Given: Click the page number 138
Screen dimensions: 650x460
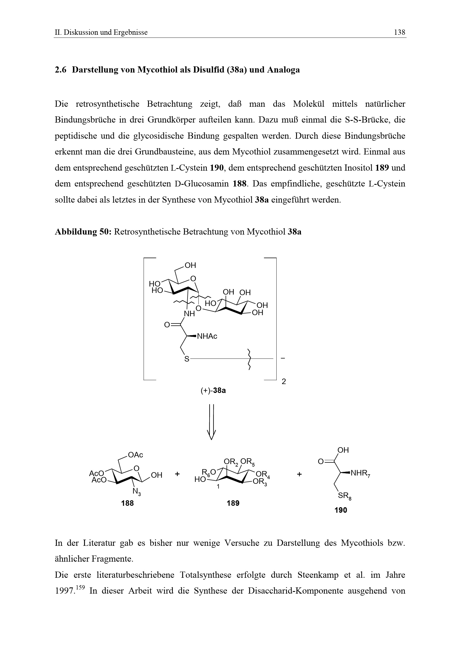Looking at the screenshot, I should [x=400, y=32].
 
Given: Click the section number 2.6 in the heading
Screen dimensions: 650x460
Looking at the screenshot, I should [x=60, y=70].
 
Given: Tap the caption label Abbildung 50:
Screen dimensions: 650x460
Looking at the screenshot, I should [x=83, y=232].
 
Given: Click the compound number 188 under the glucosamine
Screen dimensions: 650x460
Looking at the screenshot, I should [x=127, y=503].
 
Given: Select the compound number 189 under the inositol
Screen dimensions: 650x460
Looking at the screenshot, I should [x=233, y=503].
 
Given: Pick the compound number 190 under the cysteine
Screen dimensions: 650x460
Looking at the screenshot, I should [x=341, y=510].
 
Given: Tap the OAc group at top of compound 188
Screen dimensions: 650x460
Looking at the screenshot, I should [x=136, y=455].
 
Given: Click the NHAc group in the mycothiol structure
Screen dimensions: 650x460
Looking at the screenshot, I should [x=207, y=336].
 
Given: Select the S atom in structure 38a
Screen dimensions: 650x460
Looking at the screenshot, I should [x=187, y=359].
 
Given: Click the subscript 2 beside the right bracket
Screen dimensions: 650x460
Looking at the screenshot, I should [x=284, y=381].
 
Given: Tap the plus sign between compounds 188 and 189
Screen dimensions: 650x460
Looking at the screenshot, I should [x=178, y=474].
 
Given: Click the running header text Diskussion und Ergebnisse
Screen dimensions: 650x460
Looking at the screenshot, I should [x=105, y=32].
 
